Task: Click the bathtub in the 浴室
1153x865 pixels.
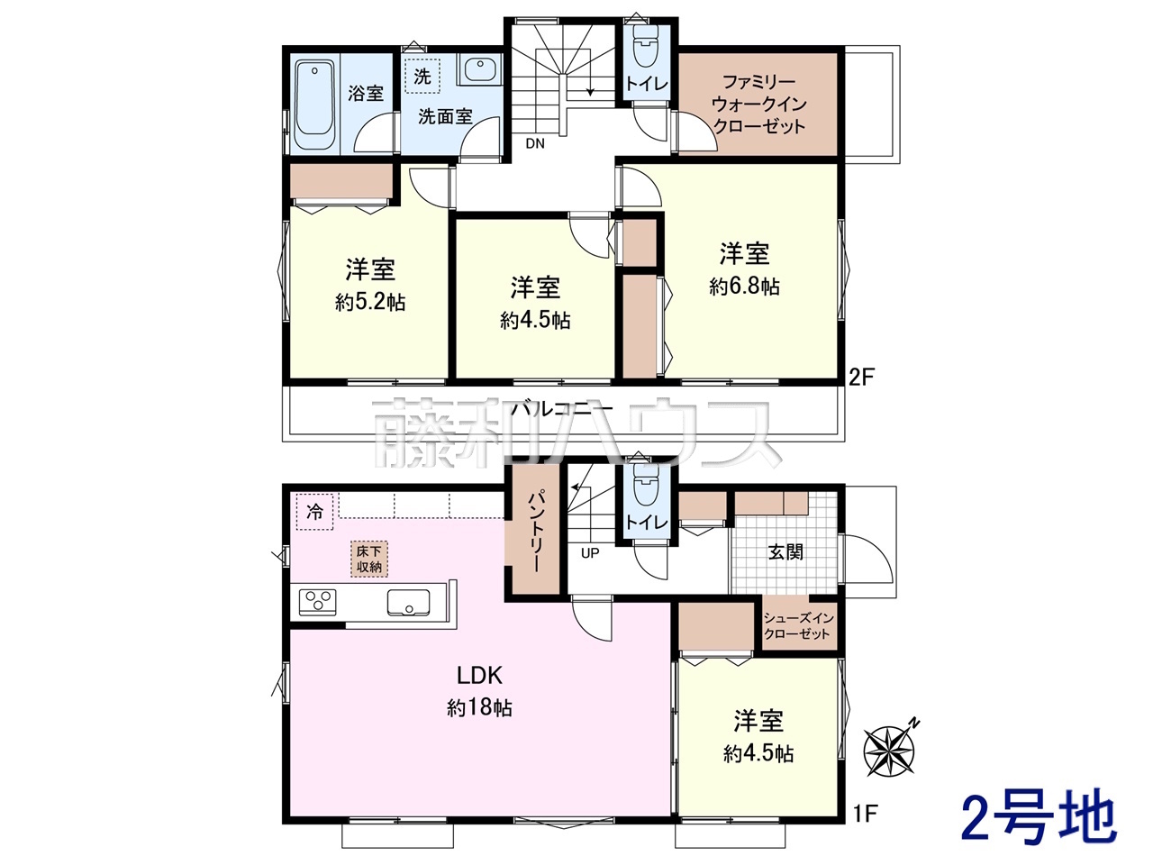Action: click(x=314, y=105)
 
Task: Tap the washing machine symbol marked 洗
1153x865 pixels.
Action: click(x=422, y=77)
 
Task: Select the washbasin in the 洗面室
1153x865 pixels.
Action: click(x=479, y=68)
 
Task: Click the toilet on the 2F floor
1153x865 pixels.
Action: click(x=645, y=46)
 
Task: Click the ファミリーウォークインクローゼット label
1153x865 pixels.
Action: click(x=758, y=104)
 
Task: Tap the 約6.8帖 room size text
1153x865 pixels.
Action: click(x=744, y=287)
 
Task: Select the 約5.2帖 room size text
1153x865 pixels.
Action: click(x=370, y=303)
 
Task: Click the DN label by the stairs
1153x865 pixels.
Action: click(x=535, y=143)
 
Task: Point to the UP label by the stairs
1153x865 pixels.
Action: click(x=590, y=553)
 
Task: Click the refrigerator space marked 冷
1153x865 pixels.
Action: click(x=314, y=512)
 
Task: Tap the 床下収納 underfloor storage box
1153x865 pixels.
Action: click(x=369, y=559)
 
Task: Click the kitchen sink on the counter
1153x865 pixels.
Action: click(x=408, y=603)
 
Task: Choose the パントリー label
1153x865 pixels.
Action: click(x=535, y=531)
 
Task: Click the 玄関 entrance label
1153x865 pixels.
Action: click(x=785, y=552)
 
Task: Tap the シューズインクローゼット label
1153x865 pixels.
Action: click(x=798, y=626)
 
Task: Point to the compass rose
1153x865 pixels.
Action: click(x=889, y=750)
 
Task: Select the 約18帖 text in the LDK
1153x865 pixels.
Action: click(x=479, y=708)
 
